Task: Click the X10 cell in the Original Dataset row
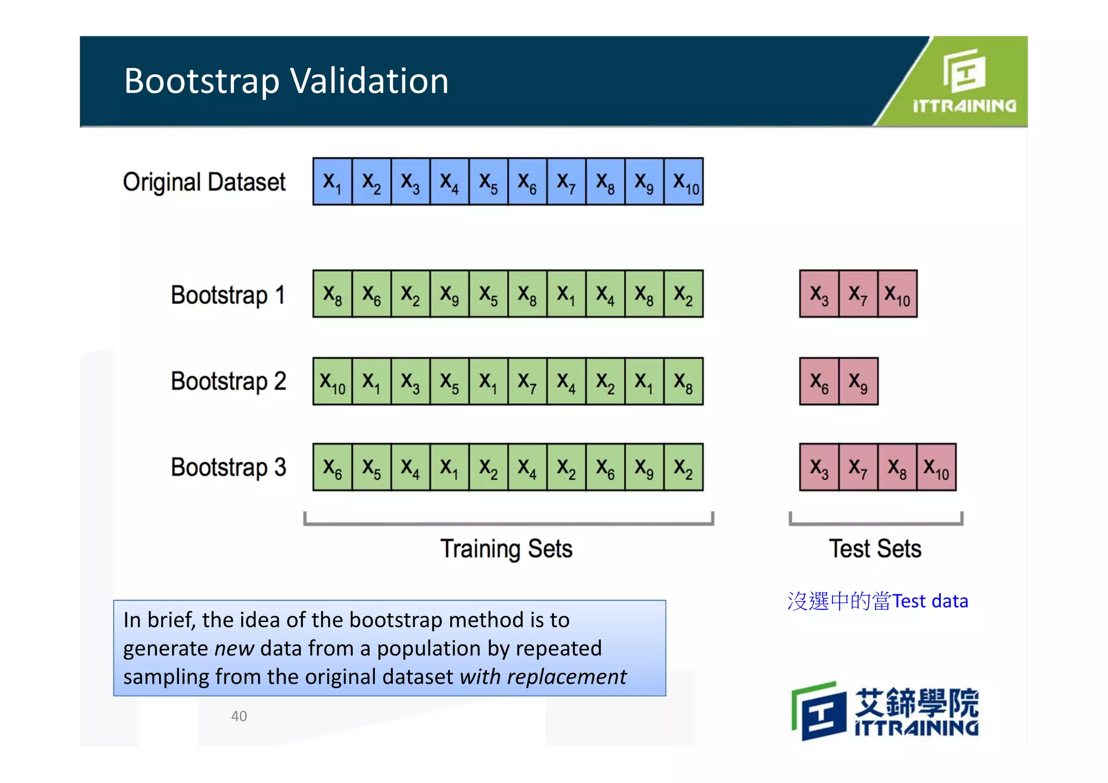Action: click(684, 182)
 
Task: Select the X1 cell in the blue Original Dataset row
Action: click(332, 182)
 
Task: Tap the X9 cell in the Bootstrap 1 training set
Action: click(449, 294)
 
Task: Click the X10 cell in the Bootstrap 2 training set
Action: click(332, 382)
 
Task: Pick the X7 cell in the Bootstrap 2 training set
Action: click(527, 382)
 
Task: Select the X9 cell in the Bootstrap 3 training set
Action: click(644, 467)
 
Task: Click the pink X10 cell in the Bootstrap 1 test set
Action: click(898, 294)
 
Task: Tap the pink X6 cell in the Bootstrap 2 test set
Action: click(819, 382)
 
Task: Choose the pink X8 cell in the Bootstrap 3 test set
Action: click(897, 467)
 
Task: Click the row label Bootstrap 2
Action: click(228, 382)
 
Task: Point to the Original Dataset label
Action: click(204, 182)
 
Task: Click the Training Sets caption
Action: click(506, 549)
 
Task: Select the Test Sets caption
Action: click(875, 549)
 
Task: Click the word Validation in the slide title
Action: click(370, 81)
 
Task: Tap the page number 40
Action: click(239, 716)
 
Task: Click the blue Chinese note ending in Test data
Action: click(878, 601)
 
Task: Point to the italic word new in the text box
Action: click(234, 648)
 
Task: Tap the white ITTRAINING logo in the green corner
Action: click(964, 81)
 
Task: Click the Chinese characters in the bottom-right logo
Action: click(916, 702)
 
